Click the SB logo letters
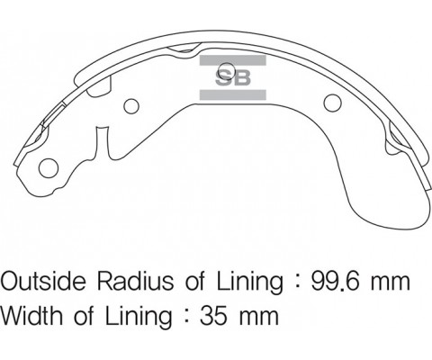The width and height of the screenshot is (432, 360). coord(233,78)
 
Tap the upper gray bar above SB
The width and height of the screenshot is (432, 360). coord(233,60)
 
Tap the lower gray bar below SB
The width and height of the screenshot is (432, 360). coord(233,94)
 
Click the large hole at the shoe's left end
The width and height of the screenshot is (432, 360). coord(49,168)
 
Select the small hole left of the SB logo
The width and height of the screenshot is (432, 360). coord(131,106)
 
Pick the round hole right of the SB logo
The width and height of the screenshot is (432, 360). coord(333,103)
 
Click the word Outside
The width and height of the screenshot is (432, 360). coord(43,281)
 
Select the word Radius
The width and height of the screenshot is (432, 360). coord(135,281)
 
